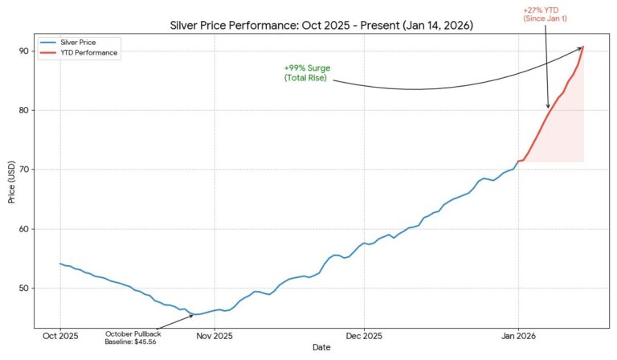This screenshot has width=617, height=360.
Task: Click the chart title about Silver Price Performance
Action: (321, 26)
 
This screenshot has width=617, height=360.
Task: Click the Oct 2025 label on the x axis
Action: (60, 335)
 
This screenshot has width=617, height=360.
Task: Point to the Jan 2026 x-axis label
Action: (517, 335)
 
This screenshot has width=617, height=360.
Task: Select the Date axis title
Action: (321, 347)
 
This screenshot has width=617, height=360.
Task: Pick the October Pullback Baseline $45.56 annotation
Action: (133, 337)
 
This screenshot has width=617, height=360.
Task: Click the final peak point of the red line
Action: (583, 47)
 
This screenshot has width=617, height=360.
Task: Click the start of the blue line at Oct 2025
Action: (60, 264)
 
